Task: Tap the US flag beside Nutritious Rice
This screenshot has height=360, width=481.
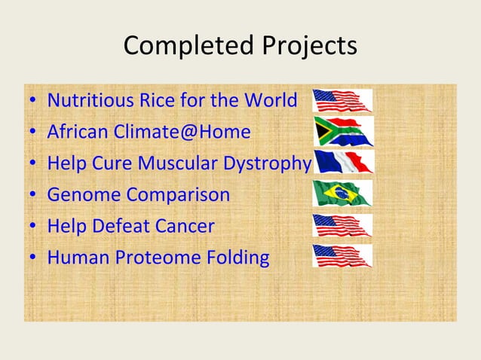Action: click(342, 100)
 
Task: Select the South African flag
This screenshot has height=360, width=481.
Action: click(343, 132)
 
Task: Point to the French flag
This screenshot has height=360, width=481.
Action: click(343, 162)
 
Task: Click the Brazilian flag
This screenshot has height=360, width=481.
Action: click(342, 194)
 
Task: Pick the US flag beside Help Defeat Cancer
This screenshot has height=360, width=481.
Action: click(342, 225)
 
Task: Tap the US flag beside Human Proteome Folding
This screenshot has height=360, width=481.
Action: click(342, 256)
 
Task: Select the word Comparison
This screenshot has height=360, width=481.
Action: click(178, 194)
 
